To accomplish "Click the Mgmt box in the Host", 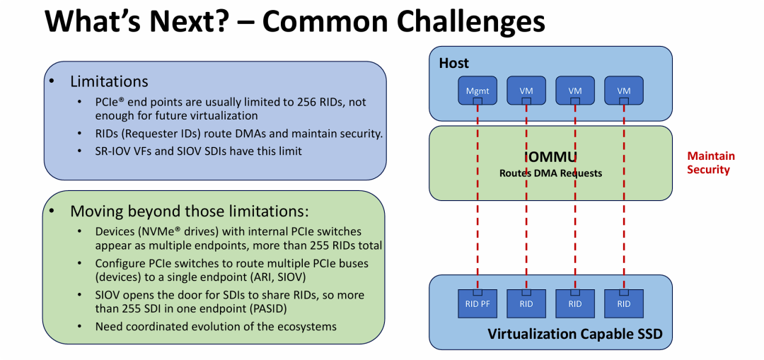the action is [x=477, y=90].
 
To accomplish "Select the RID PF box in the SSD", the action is [x=477, y=303].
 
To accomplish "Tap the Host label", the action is [x=453, y=63].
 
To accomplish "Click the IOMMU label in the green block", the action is [x=551, y=156].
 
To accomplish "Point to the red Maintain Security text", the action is [x=710, y=163].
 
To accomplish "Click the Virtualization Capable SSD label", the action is [x=574, y=335].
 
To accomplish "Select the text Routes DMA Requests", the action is [x=550, y=173].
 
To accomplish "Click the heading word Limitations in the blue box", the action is [x=109, y=81].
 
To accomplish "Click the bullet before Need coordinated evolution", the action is [x=79, y=327].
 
